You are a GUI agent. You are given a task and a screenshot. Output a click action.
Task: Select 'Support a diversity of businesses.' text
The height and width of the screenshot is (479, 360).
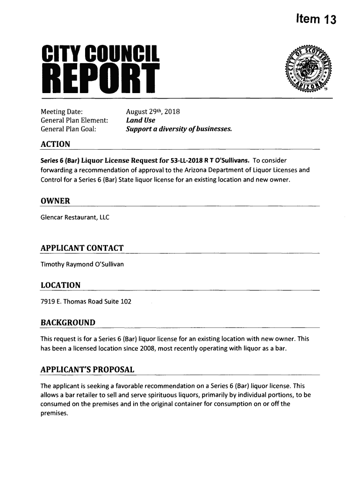point(179,129)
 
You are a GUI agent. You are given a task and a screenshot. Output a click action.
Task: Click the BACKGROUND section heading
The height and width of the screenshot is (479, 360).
point(68,323)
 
